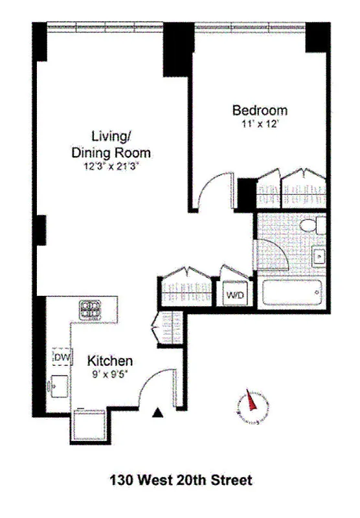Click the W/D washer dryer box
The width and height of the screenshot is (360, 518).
pyautogui.click(x=234, y=294)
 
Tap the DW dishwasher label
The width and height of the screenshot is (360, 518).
pyautogui.click(x=62, y=357)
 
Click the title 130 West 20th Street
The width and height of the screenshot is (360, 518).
pyautogui.click(x=180, y=480)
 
